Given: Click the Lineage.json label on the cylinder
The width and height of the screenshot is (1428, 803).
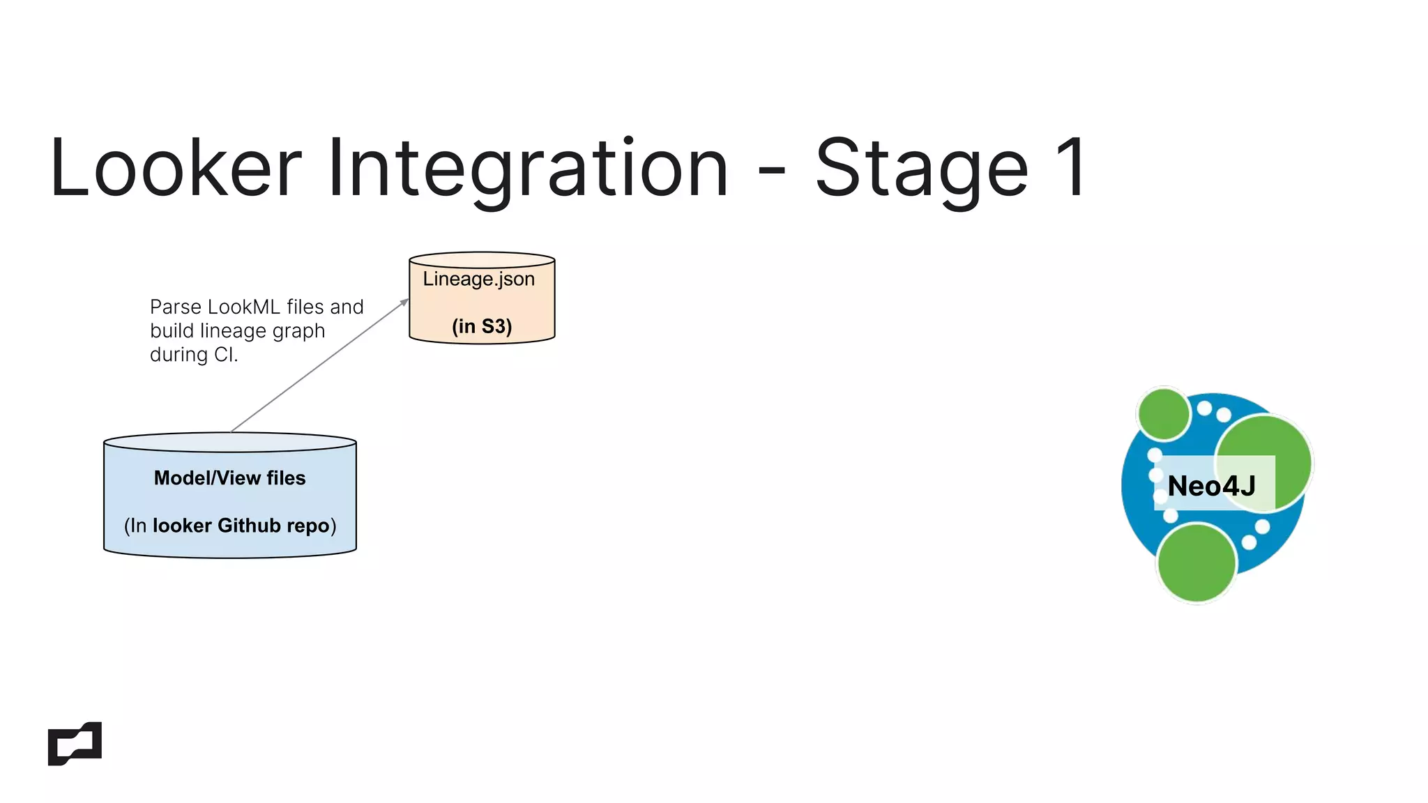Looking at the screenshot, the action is point(479,279).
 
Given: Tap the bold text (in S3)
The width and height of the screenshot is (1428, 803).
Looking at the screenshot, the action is point(482,326).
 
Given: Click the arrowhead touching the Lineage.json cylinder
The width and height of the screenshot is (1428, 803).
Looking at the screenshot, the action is point(404,302).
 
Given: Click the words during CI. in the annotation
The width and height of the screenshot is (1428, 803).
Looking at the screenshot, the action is point(194,355).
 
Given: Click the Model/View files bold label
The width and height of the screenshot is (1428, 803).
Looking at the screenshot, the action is point(229,478).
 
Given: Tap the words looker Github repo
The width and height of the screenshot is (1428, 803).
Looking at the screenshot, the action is point(241,526).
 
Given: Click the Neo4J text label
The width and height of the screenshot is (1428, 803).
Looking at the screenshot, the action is point(1211,486).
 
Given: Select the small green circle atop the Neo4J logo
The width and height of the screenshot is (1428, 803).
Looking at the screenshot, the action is point(1163,414).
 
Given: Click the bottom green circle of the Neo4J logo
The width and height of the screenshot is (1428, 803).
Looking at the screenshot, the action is point(1197,563).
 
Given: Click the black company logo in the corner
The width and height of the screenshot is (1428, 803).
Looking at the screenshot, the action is point(75,744).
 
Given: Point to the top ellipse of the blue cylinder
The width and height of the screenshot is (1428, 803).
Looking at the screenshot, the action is point(230,443).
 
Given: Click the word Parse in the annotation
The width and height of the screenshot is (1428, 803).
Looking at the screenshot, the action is point(176,307).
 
